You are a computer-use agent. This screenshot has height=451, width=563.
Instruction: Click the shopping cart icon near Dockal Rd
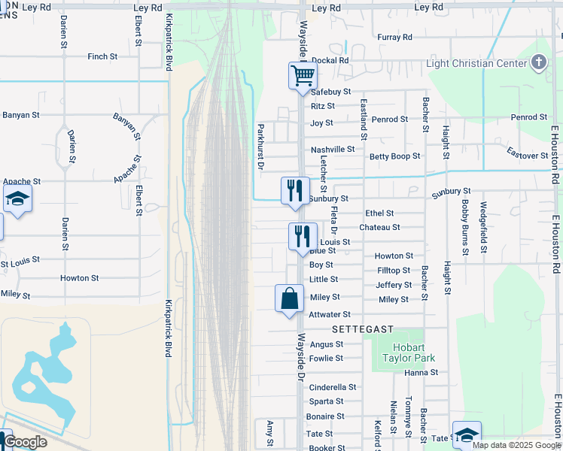(303, 75)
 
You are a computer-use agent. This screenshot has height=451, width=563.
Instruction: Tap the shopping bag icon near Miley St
(289, 298)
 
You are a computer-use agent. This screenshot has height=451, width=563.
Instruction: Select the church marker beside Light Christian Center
(539, 62)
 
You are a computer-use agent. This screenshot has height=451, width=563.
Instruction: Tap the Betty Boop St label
(394, 156)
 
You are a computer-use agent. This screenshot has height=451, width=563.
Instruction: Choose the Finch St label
(102, 56)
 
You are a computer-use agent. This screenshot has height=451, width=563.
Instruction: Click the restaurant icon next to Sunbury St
(295, 190)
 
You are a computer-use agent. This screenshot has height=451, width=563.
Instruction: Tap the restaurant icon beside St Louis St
(303, 236)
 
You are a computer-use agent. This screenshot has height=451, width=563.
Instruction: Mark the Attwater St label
(330, 314)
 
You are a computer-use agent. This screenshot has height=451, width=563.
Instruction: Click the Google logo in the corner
(25, 442)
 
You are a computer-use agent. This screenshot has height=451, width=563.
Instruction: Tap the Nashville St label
(333, 150)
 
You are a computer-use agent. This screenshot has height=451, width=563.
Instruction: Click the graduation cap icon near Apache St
(17, 199)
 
